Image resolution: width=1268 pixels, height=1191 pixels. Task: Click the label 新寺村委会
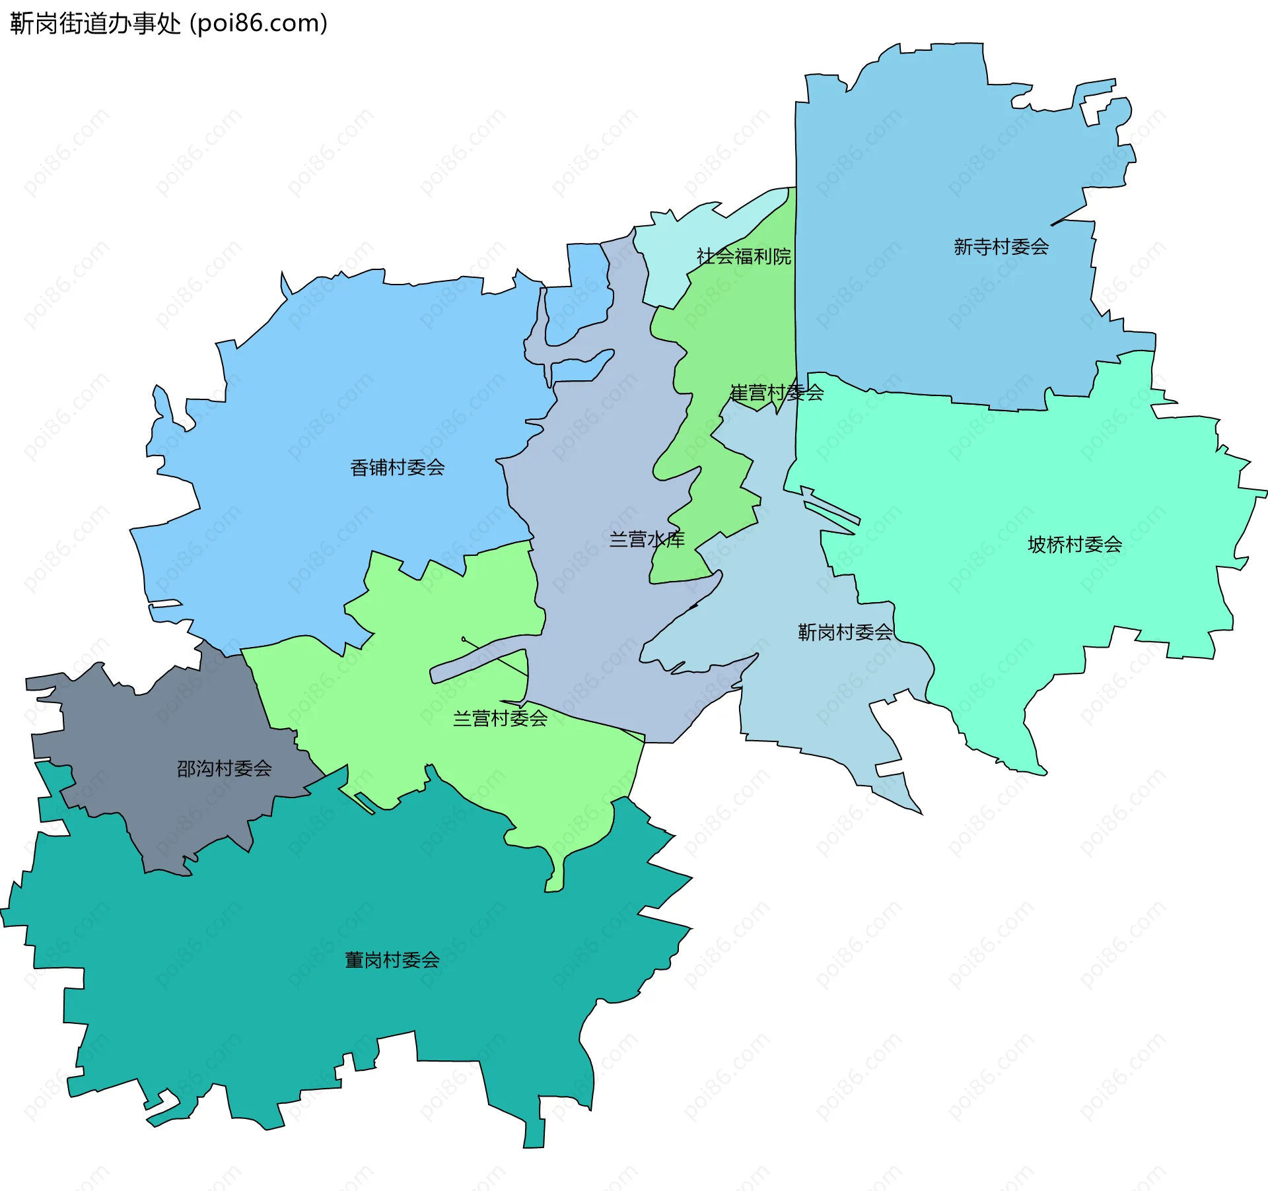click(1001, 247)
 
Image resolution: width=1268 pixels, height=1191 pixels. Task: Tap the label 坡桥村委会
click(1074, 545)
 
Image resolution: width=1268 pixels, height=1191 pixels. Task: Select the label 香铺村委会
click(397, 467)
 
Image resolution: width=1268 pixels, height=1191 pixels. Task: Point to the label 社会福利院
click(744, 256)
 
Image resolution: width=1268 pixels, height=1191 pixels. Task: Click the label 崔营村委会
click(777, 393)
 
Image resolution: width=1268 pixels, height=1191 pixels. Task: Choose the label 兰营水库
click(647, 539)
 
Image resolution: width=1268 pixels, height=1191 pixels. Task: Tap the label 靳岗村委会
click(845, 632)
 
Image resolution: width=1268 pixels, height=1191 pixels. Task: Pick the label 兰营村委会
click(500, 718)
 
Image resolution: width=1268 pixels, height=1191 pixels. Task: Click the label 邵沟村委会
click(224, 768)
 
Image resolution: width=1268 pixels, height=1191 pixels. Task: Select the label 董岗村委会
click(392, 960)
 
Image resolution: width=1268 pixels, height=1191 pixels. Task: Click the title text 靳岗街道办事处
click(95, 23)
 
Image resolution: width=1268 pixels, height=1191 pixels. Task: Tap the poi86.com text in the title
click(258, 23)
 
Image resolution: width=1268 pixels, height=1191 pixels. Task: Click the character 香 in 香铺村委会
click(359, 467)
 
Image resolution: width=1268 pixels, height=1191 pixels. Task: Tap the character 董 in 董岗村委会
click(355, 960)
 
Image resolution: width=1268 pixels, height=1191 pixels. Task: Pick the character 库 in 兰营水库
click(676, 539)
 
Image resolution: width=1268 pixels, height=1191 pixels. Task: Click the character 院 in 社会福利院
click(782, 256)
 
